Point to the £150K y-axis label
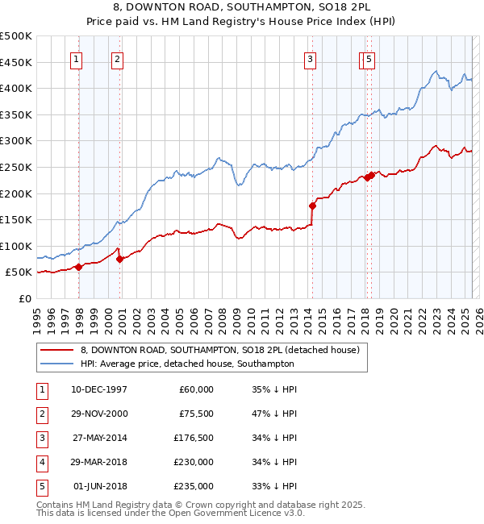pyautogui.click(x=17, y=219)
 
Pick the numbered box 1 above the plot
pyautogui.click(x=75, y=58)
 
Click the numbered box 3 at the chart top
pyautogui.click(x=310, y=58)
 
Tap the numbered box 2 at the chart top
pyautogui.click(x=117, y=58)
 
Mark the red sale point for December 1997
pyautogui.click(x=79, y=268)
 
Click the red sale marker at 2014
pyautogui.click(x=312, y=206)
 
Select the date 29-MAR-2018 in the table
pyautogui.click(x=99, y=462)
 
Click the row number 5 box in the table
pyautogui.click(x=43, y=486)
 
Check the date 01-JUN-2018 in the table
pyautogui.click(x=99, y=486)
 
